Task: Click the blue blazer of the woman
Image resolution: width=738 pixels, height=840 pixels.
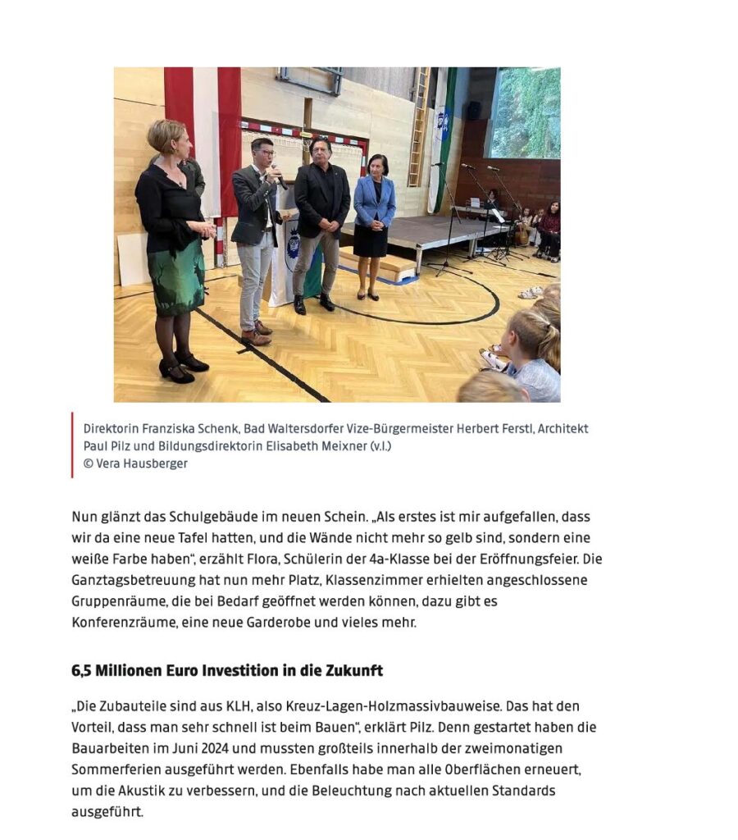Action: tap(375, 201)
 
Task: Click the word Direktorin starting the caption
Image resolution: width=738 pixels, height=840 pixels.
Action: tap(111, 429)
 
